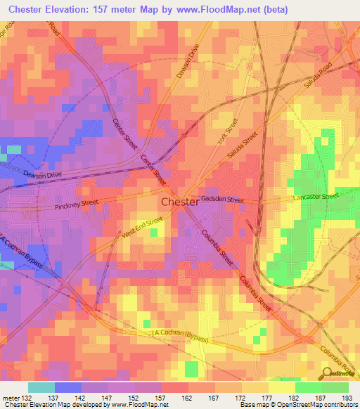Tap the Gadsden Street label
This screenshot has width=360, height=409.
(224, 200)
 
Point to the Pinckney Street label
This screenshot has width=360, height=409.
(77, 204)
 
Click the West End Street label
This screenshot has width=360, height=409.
(143, 226)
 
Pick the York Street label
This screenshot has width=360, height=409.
(228, 131)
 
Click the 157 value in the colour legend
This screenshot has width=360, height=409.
(161, 398)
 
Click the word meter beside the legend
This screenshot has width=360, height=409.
(10, 398)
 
